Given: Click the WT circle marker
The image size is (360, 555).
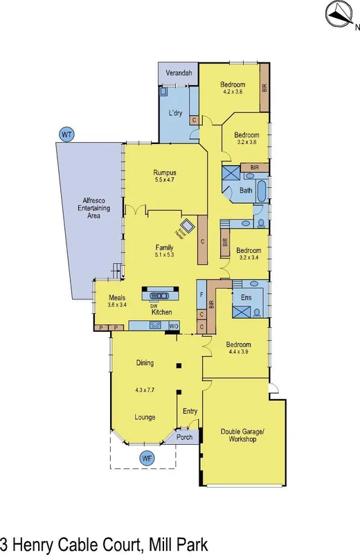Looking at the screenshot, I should click(67, 133).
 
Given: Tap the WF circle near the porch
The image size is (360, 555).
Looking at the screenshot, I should click(146, 457).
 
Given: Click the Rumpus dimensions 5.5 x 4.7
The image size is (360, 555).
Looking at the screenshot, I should click(165, 182).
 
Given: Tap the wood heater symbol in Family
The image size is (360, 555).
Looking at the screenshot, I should click(187, 226).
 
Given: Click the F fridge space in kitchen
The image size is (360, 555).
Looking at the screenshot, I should click(201, 294).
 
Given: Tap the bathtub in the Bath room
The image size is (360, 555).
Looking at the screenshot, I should click(262, 191).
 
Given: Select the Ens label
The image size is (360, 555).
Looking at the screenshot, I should click(246, 297).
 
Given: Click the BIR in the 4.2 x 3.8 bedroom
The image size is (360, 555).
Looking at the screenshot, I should click(264, 89).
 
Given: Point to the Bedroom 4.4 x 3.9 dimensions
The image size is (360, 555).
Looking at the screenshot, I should click(238, 352).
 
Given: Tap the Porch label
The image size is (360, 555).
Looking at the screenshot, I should click(185, 437).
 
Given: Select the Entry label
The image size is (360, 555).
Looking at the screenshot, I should click(190, 412).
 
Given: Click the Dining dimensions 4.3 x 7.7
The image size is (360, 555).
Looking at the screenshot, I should click(145, 390).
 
